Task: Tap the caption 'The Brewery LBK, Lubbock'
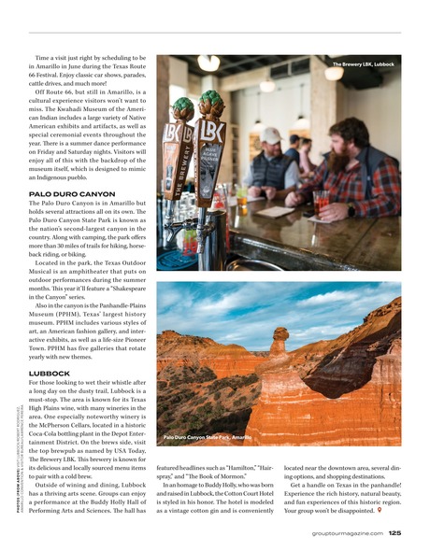click(x=363, y=64)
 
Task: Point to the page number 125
click(x=394, y=533)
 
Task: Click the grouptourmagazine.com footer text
click(x=346, y=533)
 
